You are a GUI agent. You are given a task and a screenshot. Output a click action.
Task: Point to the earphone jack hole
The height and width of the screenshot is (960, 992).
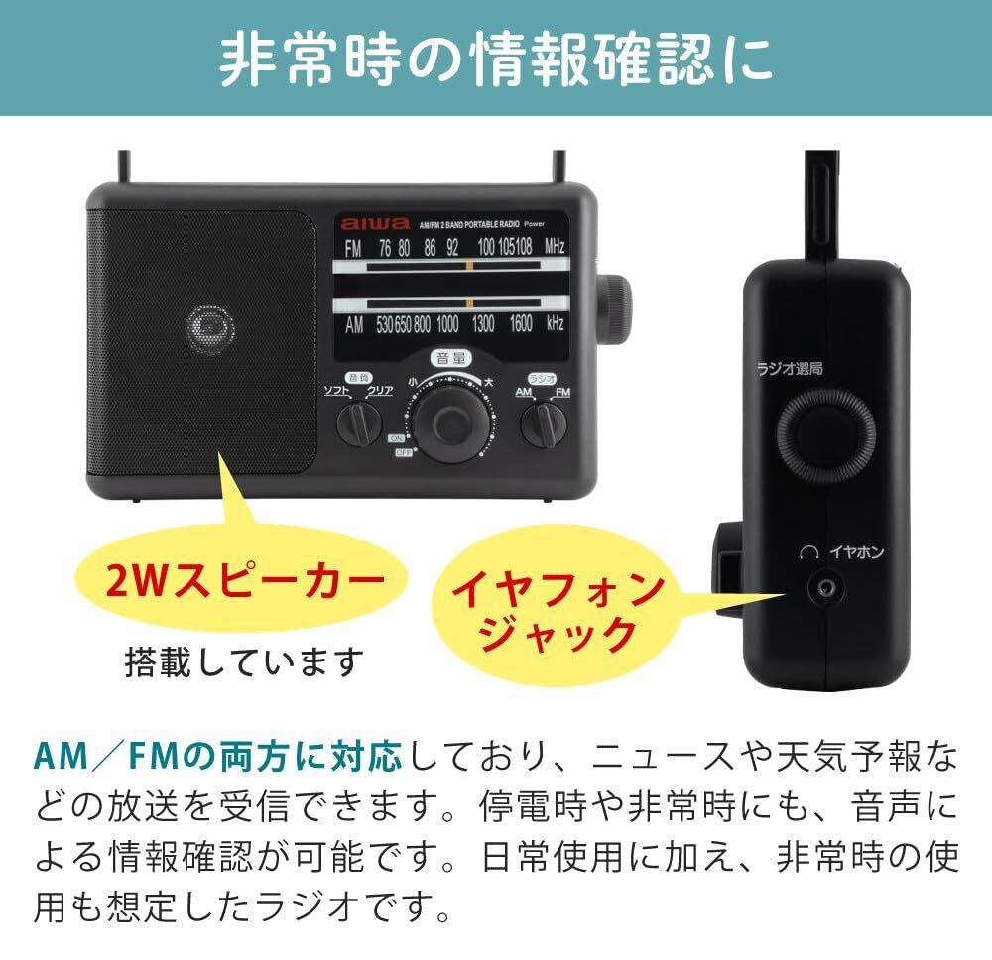[822, 588]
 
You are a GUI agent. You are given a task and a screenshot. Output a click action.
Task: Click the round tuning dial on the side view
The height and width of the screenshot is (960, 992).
[826, 433]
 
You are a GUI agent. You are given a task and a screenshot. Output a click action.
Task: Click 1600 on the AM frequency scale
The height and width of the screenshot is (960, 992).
[521, 322]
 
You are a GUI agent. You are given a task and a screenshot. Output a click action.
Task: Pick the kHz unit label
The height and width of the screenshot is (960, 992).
[555, 322]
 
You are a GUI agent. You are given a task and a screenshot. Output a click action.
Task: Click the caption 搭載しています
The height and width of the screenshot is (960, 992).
[244, 660]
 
